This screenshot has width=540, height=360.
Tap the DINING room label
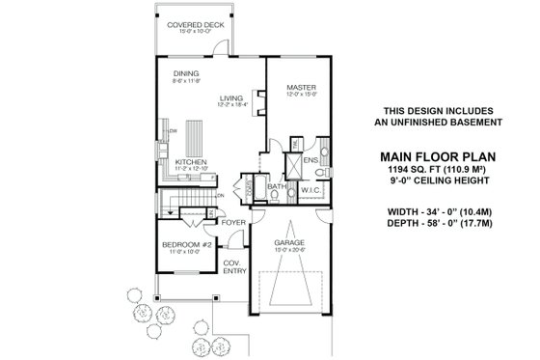pos(186,74)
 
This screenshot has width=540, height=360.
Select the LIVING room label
pos(230,97)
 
